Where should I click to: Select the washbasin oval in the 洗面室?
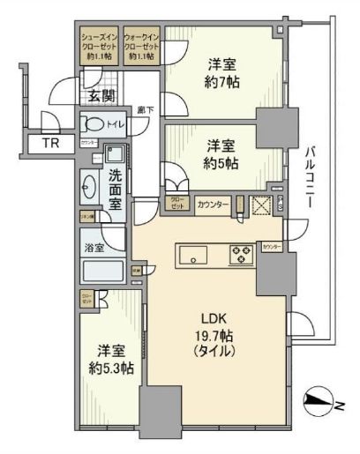click(90, 187)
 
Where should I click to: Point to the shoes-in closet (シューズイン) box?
click(95, 47)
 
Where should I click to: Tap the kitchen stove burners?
click(241, 254)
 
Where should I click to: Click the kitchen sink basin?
click(192, 256)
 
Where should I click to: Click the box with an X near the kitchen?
click(261, 205)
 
